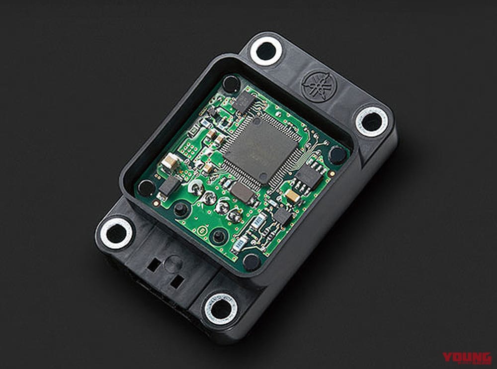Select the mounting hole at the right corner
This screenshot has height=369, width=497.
[371, 121]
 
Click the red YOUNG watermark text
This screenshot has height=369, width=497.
[468, 358]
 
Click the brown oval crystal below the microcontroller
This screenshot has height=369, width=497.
[242, 191]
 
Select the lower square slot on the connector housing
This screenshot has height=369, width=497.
[176, 282]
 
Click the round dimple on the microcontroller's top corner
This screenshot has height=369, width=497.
[255, 121]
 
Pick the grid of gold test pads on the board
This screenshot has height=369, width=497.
[188, 147]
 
